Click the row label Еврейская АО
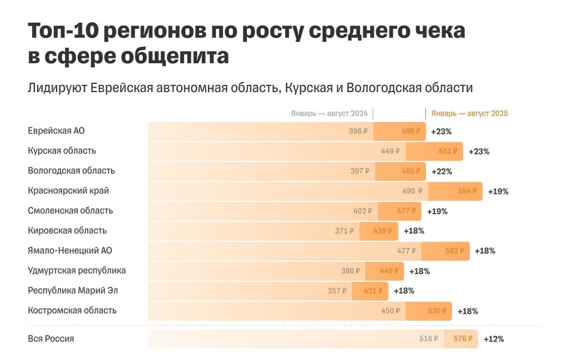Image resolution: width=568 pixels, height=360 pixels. [x=56, y=131]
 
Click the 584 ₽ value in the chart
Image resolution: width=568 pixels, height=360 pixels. [x=467, y=191]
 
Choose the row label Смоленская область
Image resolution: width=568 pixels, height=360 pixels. [x=70, y=211]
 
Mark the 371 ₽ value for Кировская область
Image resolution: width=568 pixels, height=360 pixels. [x=344, y=231]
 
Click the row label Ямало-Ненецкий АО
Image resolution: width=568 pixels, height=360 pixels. [x=70, y=251]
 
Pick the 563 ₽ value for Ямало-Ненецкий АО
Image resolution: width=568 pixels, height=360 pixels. [x=455, y=251]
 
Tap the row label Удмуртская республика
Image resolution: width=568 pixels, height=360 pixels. [x=77, y=271]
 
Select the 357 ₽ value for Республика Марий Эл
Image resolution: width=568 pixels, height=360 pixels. [x=337, y=291]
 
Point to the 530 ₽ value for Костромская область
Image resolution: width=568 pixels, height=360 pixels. [x=437, y=311]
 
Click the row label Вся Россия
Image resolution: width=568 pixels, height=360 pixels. [x=51, y=338]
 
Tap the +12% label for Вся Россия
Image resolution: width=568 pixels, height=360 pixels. [x=494, y=339]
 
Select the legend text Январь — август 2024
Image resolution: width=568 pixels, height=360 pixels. [x=329, y=113]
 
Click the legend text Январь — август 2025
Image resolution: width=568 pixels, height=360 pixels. [x=469, y=113]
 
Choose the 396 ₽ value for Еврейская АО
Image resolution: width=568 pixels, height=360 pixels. [x=358, y=131]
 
